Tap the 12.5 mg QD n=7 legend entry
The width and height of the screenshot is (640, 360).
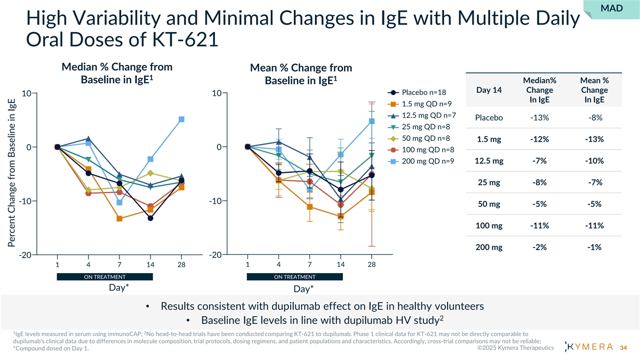(424, 116)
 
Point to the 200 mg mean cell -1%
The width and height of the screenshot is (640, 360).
(594, 247)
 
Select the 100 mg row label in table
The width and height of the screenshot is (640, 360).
(489, 226)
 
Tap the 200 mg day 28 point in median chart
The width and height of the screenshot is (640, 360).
(181, 119)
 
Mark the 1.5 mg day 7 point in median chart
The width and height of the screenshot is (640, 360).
(119, 219)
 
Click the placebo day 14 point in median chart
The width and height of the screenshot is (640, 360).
(150, 218)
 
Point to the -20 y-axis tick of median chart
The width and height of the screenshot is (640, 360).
(25, 255)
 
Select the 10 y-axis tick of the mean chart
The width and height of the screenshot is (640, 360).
(217, 93)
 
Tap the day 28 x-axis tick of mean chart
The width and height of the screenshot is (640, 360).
(371, 265)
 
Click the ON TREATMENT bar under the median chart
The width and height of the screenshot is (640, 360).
(105, 277)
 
